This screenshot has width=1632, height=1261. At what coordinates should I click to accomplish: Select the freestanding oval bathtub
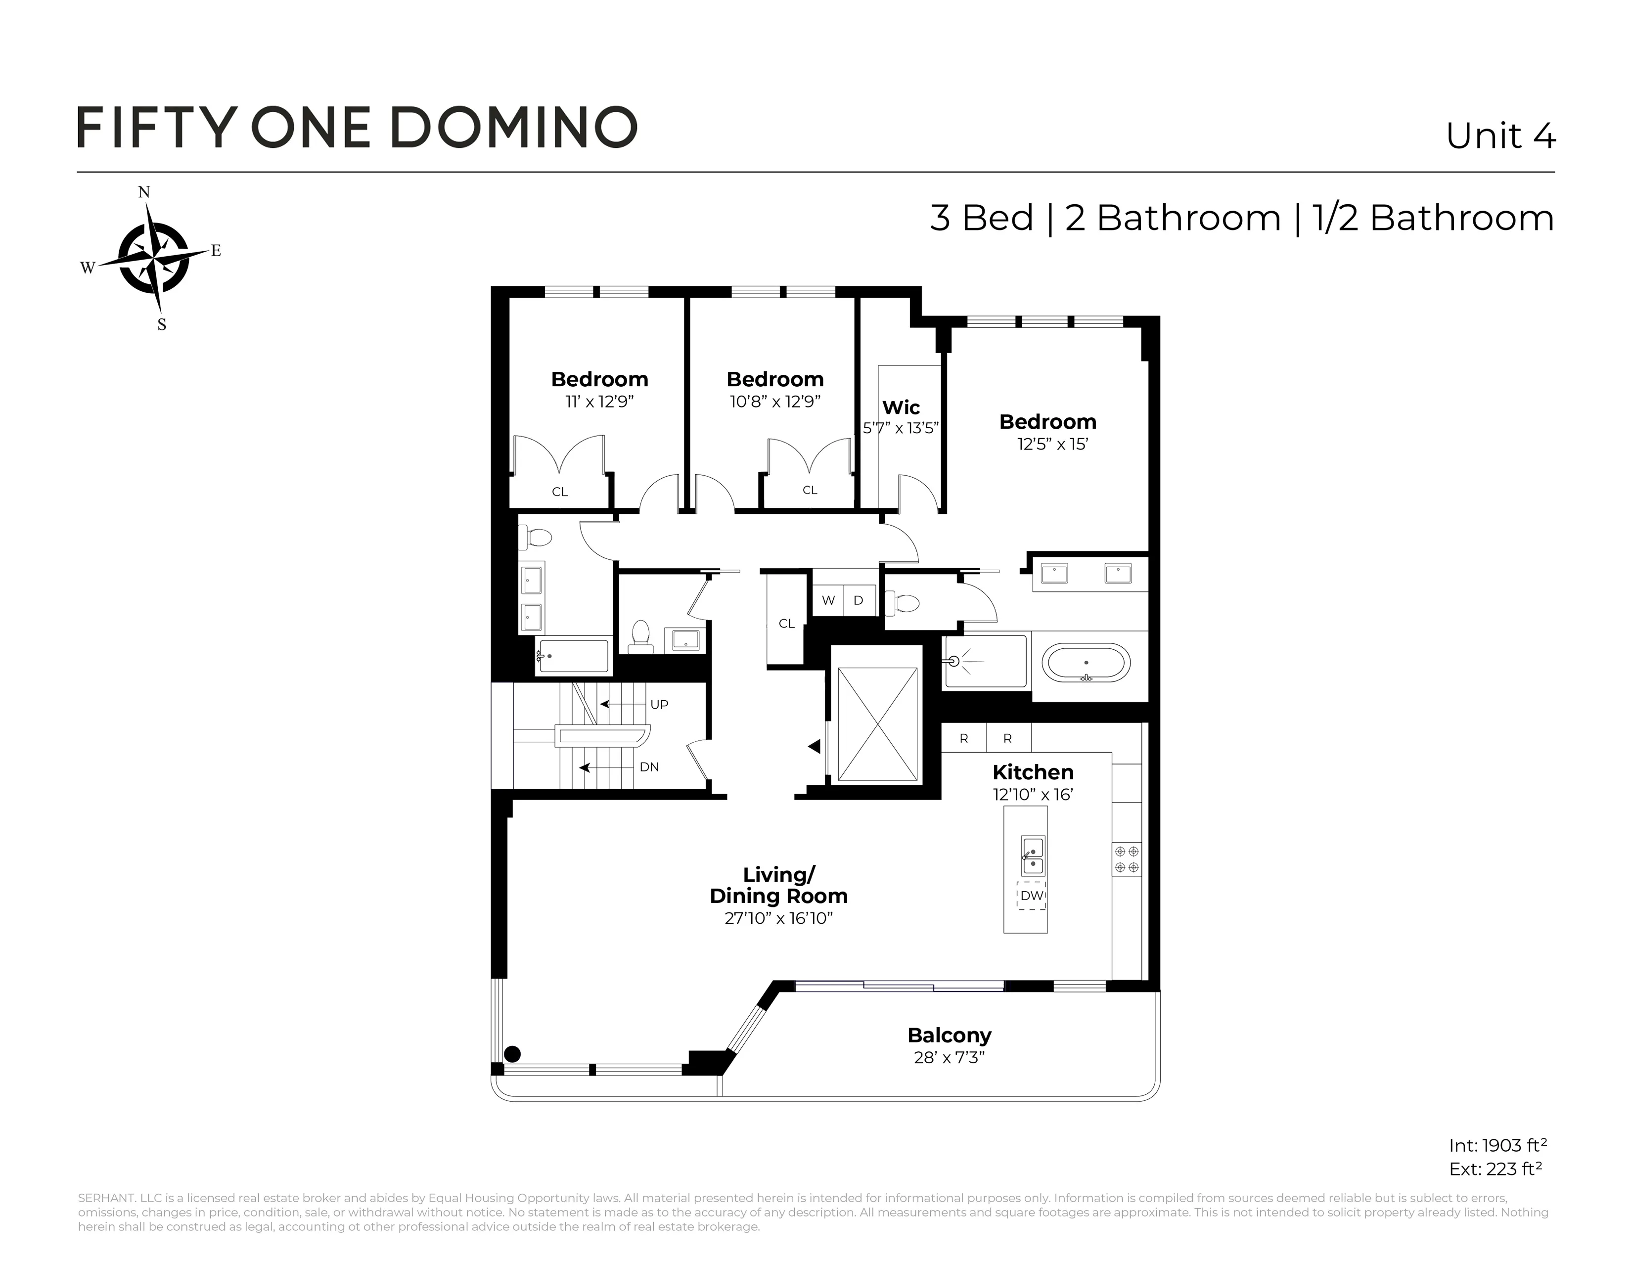tap(1086, 663)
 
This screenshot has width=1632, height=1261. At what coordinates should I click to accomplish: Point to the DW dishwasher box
tap(1031, 895)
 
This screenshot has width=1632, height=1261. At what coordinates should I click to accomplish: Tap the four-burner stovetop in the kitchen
tap(1126, 859)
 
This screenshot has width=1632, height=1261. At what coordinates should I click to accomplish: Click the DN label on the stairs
tap(649, 767)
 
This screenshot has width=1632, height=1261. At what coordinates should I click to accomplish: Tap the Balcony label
tap(949, 1036)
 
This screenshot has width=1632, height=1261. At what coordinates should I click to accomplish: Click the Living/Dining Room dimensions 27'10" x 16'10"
tap(778, 918)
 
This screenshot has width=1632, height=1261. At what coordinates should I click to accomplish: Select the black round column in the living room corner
tap(512, 1054)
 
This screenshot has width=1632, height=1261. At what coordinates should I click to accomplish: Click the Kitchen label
tap(1033, 772)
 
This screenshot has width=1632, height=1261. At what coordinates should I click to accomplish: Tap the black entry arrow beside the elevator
tap(815, 746)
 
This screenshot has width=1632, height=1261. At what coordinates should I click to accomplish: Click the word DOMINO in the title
tap(514, 127)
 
